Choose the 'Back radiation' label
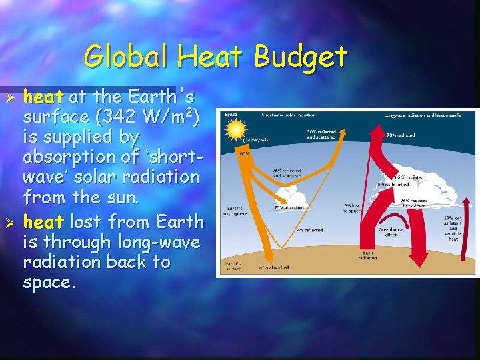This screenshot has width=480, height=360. point(369,255)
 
